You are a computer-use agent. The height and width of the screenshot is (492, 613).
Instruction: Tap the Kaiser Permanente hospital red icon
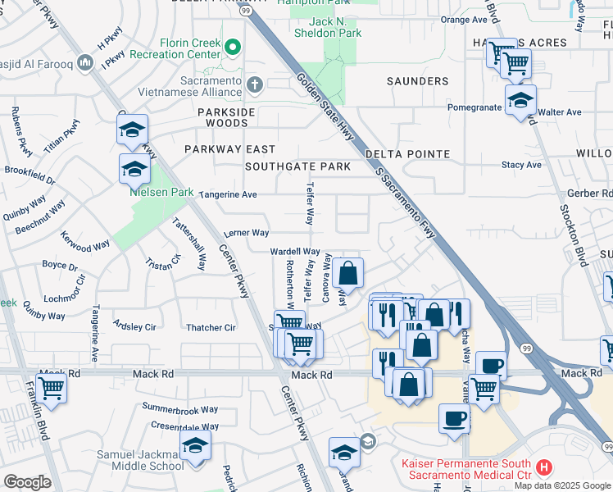tap(543, 470)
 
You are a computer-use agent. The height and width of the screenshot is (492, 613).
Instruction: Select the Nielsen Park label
tap(161, 192)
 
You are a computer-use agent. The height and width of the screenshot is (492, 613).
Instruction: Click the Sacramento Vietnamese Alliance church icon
tap(255, 84)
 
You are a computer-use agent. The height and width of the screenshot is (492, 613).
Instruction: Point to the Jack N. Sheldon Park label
tap(327, 27)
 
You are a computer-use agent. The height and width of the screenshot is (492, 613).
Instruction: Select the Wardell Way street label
tap(295, 252)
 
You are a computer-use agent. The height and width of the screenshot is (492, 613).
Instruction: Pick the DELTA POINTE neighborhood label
tap(408, 154)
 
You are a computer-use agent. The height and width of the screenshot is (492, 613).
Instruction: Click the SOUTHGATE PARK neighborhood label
tap(298, 166)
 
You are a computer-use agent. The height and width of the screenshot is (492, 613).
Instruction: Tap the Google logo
tap(26, 482)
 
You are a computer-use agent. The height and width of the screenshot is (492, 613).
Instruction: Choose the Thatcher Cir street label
tap(211, 328)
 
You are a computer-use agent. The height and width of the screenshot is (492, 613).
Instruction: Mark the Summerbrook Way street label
tap(180, 408)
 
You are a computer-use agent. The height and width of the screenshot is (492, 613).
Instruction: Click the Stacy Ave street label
tap(522, 165)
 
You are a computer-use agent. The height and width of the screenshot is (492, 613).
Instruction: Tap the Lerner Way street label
tap(247, 233)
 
